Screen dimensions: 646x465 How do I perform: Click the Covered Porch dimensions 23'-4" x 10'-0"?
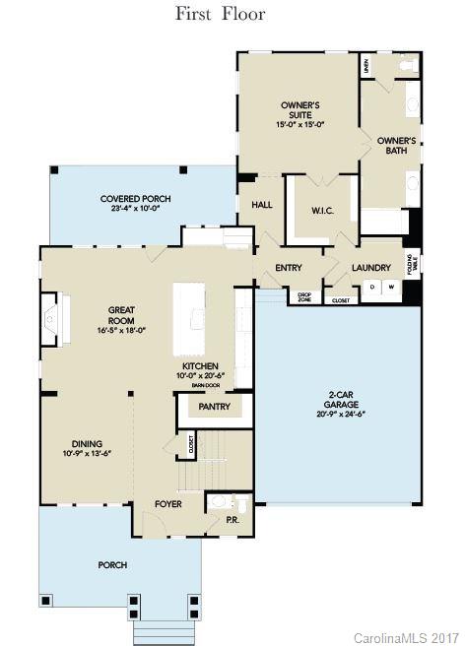click(129, 208)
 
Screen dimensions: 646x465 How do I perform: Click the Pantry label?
click(214, 406)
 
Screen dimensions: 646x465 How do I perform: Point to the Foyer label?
click(168, 504)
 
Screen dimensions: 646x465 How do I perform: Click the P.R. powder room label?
click(233, 519)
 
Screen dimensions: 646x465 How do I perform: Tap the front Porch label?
click(112, 564)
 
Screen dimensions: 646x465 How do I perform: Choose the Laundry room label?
click(370, 267)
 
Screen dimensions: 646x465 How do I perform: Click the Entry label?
click(289, 267)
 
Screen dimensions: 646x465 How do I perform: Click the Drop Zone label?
click(304, 295)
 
